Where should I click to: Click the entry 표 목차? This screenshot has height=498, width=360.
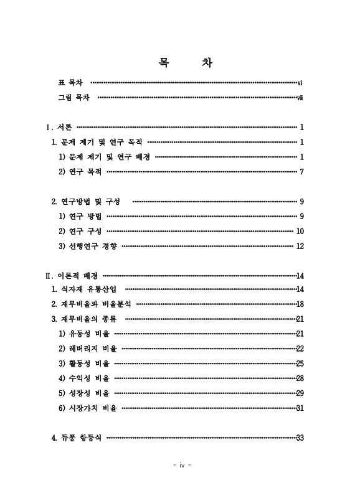70,82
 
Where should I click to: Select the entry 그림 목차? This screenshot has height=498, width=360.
74,98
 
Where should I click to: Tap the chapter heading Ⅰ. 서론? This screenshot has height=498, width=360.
59,127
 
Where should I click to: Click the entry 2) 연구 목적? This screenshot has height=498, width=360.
80,171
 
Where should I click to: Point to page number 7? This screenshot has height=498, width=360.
301,171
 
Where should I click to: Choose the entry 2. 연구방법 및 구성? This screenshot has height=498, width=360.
85,201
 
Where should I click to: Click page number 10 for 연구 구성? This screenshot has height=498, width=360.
300,231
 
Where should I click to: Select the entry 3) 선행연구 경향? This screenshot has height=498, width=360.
88,246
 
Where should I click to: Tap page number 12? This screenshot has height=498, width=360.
300,246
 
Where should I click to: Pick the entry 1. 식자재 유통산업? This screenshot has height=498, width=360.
83,289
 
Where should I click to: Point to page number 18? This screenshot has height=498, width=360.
300,304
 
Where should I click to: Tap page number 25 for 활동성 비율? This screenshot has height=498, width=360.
300,363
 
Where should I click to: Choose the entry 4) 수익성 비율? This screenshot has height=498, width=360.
84,378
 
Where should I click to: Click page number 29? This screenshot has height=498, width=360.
300,393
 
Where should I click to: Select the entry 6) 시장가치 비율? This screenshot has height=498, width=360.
88,408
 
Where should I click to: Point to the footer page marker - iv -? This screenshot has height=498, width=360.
180,464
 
